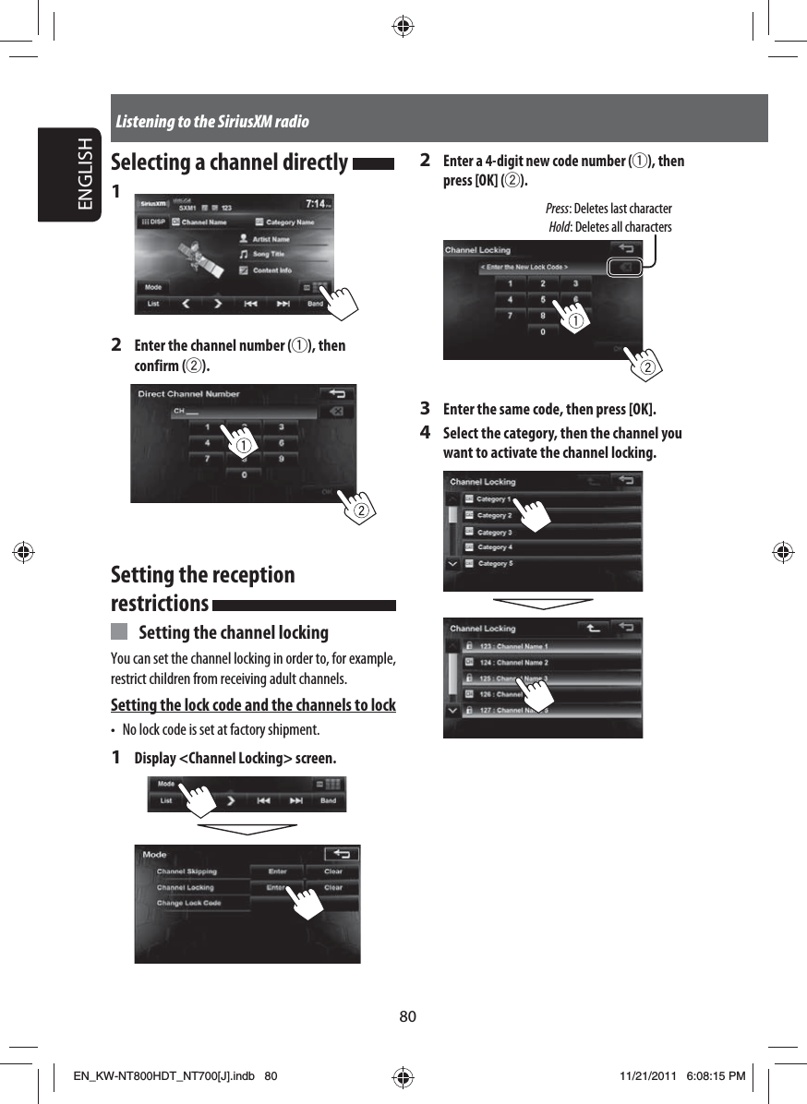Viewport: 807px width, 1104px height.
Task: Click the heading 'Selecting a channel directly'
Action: click(x=229, y=162)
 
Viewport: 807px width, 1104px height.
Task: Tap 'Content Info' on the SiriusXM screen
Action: click(x=271, y=270)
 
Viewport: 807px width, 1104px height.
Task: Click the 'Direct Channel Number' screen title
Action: click(x=188, y=394)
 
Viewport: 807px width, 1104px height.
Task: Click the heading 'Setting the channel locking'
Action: click(x=233, y=632)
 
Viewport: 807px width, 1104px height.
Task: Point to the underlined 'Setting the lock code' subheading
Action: click(x=253, y=706)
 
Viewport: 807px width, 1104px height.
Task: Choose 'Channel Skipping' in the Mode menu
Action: click(x=187, y=871)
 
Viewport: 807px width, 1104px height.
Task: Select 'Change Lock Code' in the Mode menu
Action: click(x=188, y=903)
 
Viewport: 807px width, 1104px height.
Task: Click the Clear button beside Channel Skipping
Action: click(x=332, y=871)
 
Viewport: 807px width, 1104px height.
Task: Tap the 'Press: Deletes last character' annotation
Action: click(x=608, y=209)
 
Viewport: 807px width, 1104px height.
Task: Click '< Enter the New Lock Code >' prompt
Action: click(x=524, y=267)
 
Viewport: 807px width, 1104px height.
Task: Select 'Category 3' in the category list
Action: click(x=494, y=533)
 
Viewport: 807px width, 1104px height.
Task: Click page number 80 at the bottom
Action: click(x=407, y=1016)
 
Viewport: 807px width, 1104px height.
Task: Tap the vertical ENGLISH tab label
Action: click(x=84, y=175)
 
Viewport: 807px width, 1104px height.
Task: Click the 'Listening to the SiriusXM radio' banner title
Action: click(x=212, y=122)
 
